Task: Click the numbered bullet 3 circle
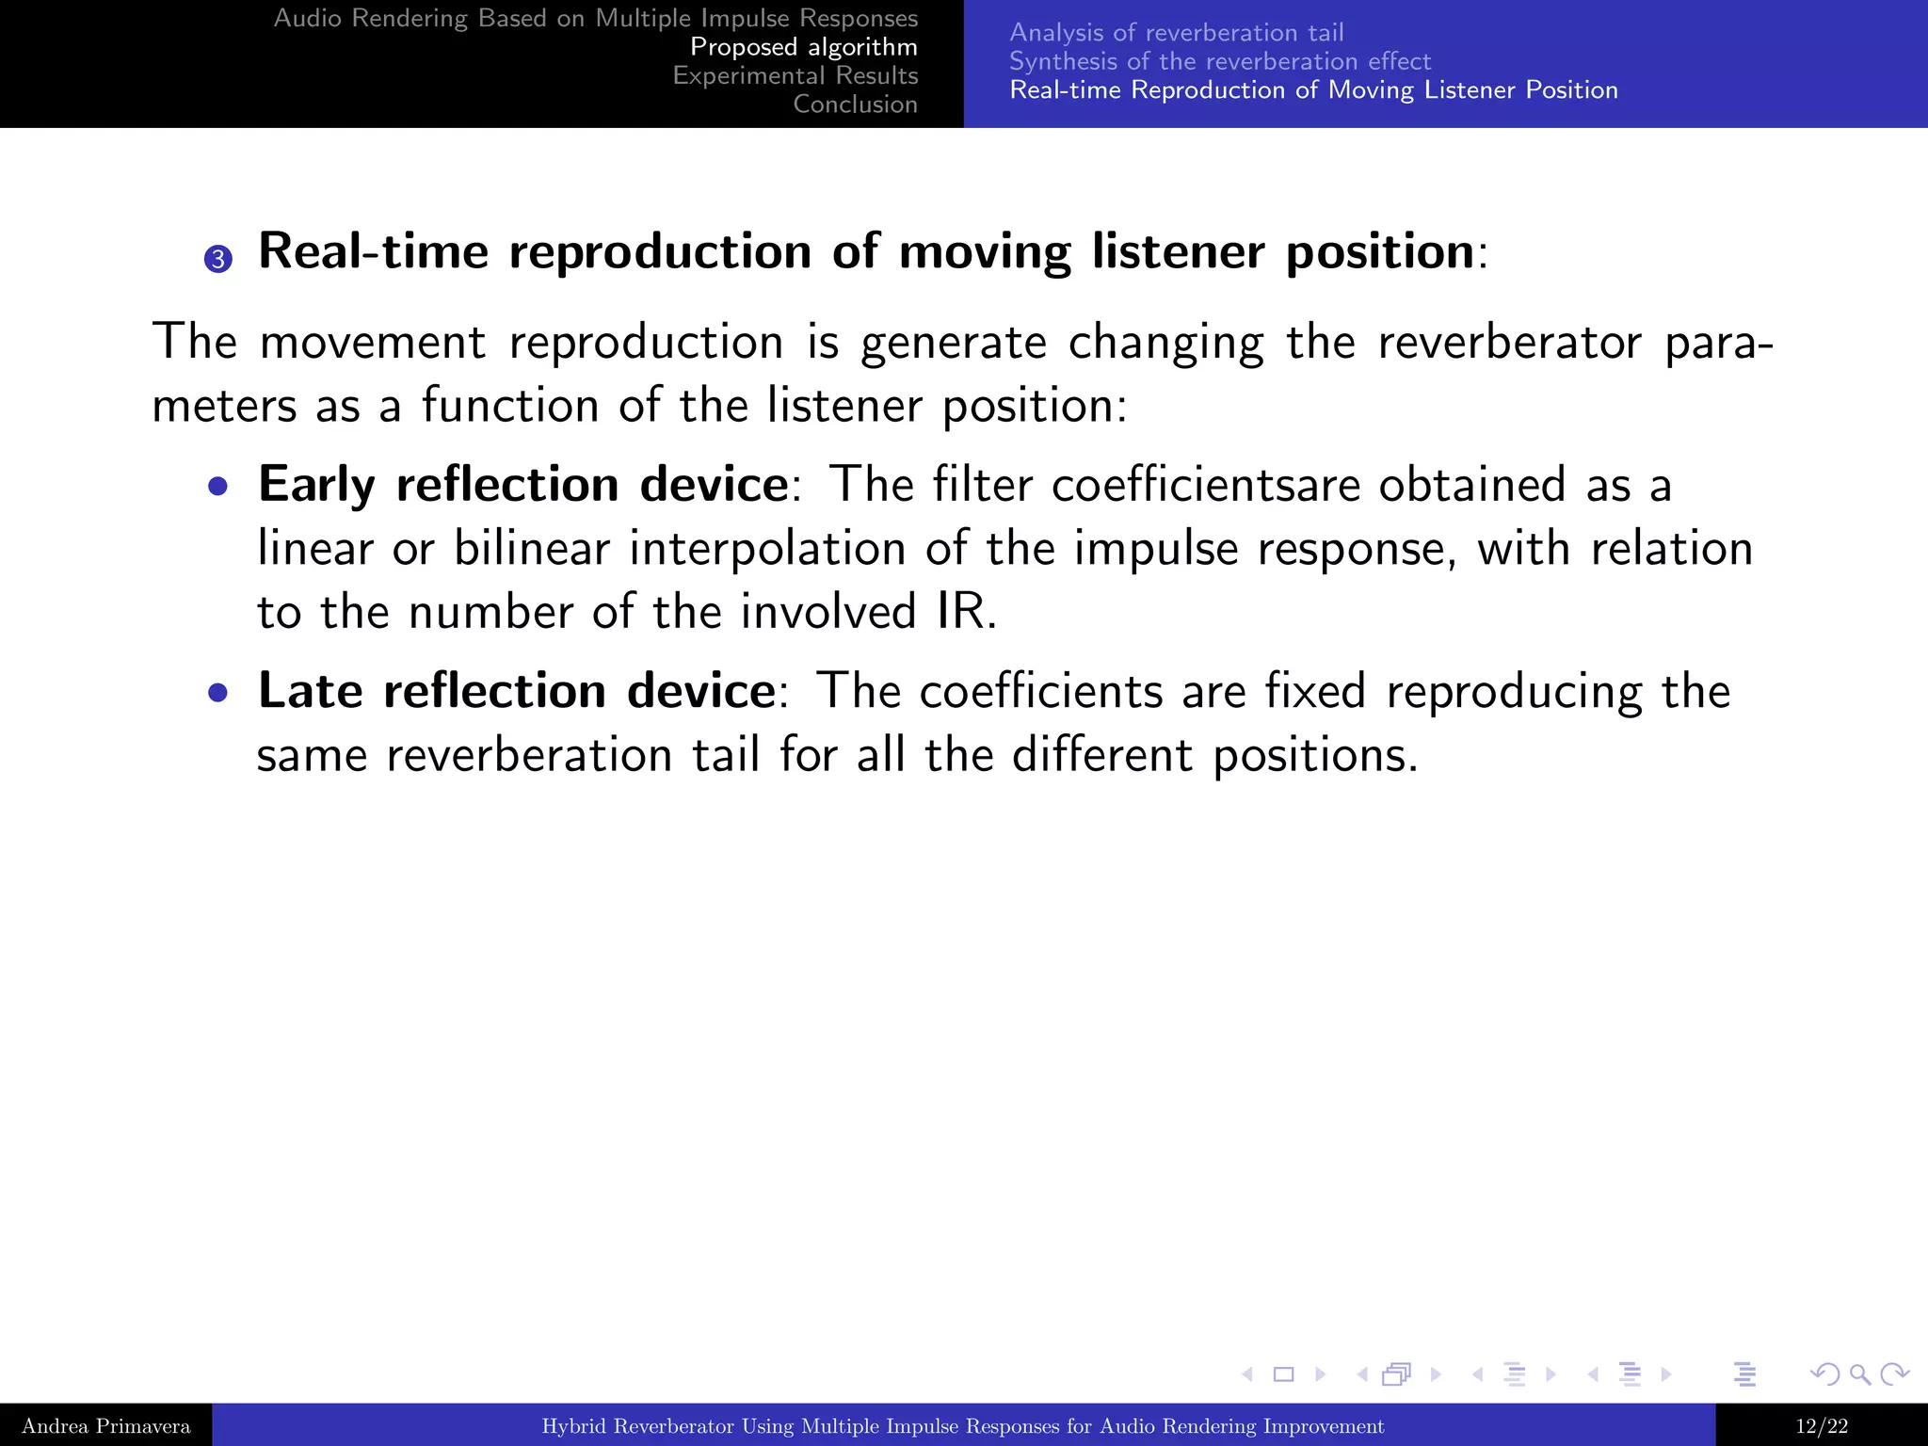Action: [x=217, y=259]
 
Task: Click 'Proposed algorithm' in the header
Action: [x=803, y=47]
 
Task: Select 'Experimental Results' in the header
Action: [x=795, y=75]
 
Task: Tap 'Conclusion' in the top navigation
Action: [x=855, y=104]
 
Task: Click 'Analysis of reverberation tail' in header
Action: [x=1176, y=33]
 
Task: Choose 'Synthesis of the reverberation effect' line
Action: [x=1219, y=61]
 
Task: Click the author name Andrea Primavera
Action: [x=105, y=1426]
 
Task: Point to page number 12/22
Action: [x=1821, y=1426]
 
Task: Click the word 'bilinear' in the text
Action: [x=531, y=549]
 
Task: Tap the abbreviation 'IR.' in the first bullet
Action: [x=966, y=612]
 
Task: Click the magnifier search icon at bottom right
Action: [x=1858, y=1374]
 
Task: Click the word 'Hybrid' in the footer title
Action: [x=573, y=1426]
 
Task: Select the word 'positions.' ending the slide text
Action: [x=1314, y=757]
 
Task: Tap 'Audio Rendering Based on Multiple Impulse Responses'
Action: [x=595, y=19]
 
